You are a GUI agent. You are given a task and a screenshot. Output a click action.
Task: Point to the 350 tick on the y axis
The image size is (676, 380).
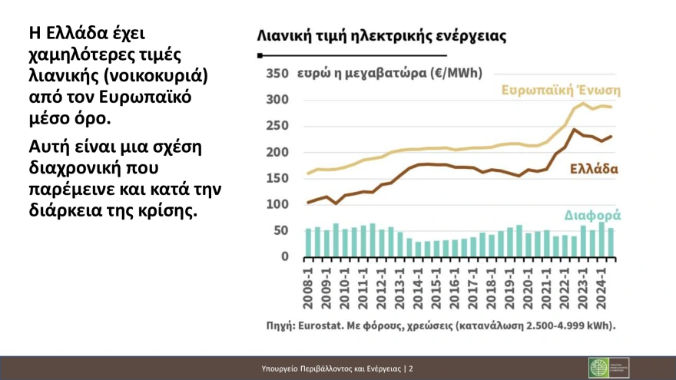[x=277, y=74]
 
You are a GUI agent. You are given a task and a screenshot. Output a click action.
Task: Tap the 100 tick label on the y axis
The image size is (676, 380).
[x=277, y=204]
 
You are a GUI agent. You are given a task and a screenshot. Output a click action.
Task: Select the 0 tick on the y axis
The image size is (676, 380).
[x=283, y=256]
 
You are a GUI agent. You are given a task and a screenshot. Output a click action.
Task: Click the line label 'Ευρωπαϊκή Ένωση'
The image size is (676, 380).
[x=561, y=89]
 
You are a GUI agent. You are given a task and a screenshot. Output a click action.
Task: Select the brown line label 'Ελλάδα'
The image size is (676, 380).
[x=593, y=169]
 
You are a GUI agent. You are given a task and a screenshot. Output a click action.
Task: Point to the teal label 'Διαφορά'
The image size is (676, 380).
[x=592, y=215]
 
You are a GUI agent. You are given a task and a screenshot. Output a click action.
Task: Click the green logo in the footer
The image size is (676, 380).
[x=598, y=368]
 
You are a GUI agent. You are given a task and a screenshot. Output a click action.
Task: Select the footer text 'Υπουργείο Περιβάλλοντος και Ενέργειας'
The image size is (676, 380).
[x=331, y=369]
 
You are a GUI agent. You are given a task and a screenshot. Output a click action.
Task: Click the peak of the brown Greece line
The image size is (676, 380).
[x=573, y=129]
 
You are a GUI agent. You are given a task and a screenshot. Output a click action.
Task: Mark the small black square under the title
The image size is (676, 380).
[x=260, y=56]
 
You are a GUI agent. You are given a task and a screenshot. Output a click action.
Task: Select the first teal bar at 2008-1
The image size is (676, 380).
[x=308, y=243]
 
